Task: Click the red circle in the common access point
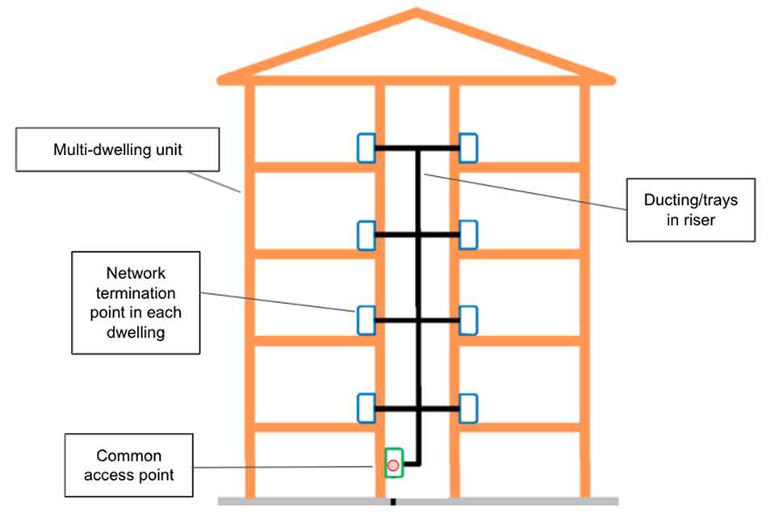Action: tap(393, 465)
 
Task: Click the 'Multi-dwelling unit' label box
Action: tap(118, 149)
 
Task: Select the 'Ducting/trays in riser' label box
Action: tap(690, 209)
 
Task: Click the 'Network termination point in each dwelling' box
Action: tap(135, 302)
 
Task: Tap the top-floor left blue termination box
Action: tap(367, 148)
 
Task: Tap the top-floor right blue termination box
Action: tap(468, 148)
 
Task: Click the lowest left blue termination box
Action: tap(367, 408)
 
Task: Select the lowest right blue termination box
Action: tap(468, 408)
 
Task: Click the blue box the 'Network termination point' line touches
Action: tap(367, 320)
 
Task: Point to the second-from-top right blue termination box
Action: tap(468, 234)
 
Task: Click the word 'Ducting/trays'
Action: tap(690, 200)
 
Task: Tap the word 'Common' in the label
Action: tap(128, 456)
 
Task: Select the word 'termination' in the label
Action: tap(135, 292)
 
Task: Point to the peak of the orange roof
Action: tap(417, 12)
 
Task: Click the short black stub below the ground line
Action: tap(393, 504)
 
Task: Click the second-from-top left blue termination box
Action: tap(367, 234)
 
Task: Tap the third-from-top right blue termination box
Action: tap(468, 320)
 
